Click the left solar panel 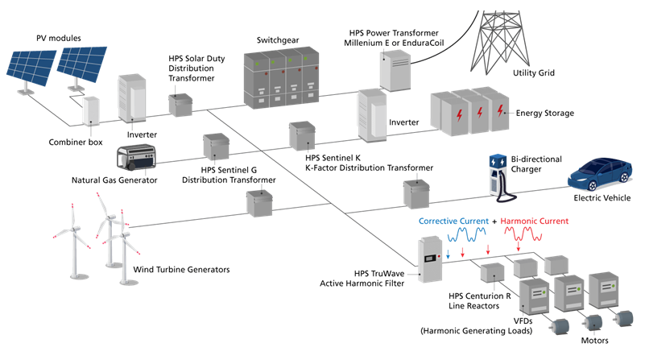(x=31, y=68)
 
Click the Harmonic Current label (x=535, y=221)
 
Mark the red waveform (x=525, y=234)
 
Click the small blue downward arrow (x=448, y=250)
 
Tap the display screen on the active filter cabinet (x=430, y=259)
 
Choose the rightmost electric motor (x=622, y=318)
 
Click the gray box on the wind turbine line (x=260, y=203)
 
